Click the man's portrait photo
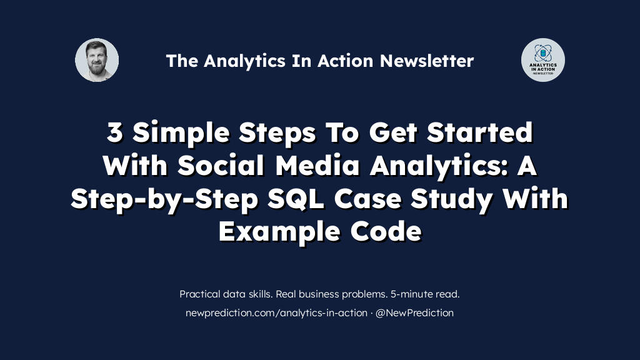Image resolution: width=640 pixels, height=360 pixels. (x=97, y=60)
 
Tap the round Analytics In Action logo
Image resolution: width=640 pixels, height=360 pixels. (x=543, y=60)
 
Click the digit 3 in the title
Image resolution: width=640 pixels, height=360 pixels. (x=115, y=132)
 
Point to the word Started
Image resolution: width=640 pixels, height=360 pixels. (x=480, y=132)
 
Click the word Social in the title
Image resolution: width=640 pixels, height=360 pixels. (x=221, y=165)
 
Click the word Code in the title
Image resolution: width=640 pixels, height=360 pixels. (x=386, y=231)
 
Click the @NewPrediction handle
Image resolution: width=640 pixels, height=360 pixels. (x=414, y=312)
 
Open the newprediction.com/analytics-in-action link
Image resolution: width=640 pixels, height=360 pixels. (x=276, y=313)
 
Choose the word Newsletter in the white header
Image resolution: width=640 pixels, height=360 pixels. (x=427, y=61)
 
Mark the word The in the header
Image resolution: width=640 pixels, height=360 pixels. (x=182, y=61)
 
